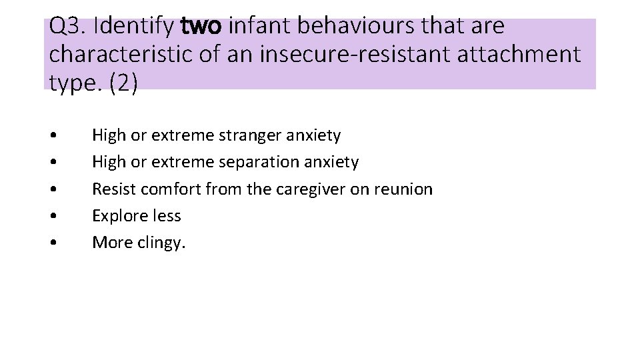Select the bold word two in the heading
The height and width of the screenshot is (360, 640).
(x=204, y=27)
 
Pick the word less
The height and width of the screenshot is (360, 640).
(x=166, y=216)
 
